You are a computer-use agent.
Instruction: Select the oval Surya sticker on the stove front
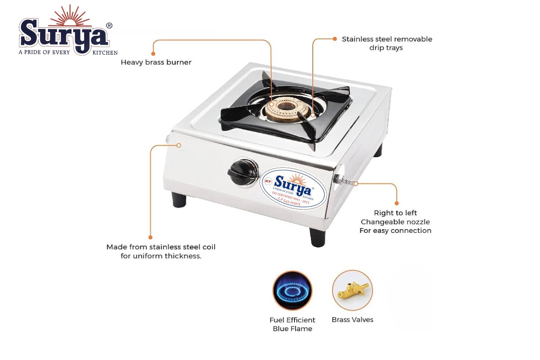click(x=293, y=189)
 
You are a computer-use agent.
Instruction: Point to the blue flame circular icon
click(x=292, y=291)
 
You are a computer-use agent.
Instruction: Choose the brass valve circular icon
click(x=352, y=290)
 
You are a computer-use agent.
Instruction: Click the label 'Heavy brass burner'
click(x=156, y=62)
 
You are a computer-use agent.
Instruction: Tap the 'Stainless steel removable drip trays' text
click(x=387, y=44)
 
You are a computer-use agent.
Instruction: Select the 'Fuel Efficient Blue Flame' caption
click(x=292, y=324)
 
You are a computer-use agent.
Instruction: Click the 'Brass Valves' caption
click(x=352, y=320)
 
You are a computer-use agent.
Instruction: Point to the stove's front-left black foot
click(x=179, y=199)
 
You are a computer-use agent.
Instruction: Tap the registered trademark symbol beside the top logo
click(x=109, y=26)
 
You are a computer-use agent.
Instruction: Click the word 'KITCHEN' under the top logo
click(x=105, y=53)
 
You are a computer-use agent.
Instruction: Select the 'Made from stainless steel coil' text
click(x=161, y=247)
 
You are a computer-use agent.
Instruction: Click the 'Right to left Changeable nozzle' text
click(x=395, y=217)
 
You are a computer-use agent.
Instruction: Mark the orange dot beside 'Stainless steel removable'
click(x=334, y=39)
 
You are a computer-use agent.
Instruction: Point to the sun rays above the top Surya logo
click(x=69, y=15)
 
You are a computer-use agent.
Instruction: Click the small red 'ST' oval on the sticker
click(x=267, y=181)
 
